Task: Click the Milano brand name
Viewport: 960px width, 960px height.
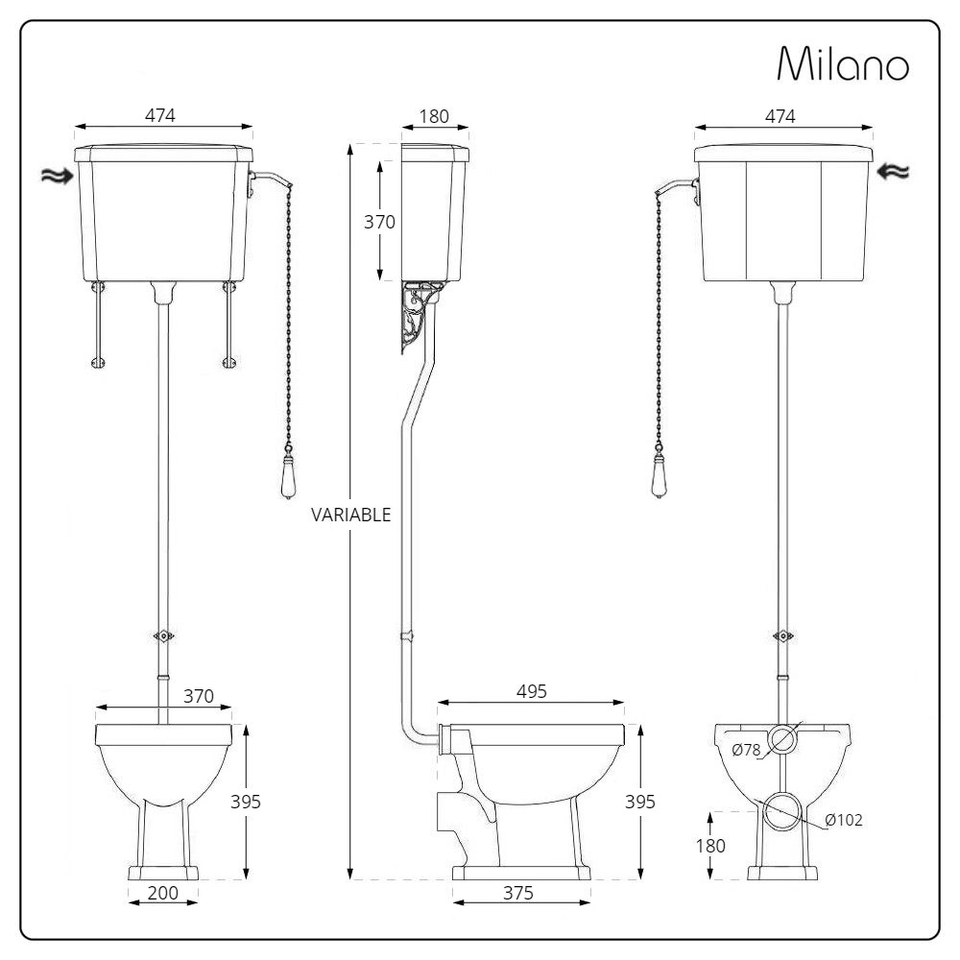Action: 842,64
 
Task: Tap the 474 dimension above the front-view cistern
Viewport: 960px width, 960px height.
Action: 159,114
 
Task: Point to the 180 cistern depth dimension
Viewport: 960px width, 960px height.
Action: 434,116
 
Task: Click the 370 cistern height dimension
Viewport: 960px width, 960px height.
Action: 379,221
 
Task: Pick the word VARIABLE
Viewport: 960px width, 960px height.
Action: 350,515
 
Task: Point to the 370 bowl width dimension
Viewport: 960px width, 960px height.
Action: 198,695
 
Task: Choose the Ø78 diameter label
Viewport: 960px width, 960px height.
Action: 747,751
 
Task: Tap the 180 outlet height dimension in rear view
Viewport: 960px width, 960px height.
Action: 711,846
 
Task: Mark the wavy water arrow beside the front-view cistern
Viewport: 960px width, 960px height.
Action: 56,175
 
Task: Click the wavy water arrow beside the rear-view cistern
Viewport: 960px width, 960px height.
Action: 893,171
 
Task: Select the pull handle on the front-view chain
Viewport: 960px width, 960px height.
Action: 287,483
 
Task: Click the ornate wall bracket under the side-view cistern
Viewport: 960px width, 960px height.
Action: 415,317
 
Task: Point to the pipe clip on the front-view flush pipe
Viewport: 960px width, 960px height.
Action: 162,636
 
